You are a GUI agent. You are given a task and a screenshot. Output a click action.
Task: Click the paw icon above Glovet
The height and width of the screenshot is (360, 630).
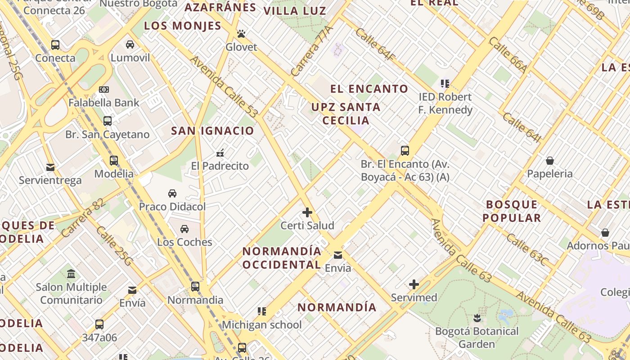click(x=241, y=34)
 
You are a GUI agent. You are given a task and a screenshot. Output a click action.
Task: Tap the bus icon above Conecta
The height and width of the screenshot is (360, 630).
click(x=55, y=45)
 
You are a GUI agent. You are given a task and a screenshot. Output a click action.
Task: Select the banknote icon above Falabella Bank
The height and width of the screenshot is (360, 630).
click(x=104, y=90)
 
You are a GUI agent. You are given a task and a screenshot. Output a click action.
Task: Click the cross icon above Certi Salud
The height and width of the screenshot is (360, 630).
click(x=307, y=212)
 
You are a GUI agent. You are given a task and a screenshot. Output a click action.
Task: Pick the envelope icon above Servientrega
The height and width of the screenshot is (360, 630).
click(x=50, y=167)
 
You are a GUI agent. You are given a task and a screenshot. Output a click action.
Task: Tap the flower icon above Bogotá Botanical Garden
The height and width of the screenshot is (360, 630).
click(x=477, y=319)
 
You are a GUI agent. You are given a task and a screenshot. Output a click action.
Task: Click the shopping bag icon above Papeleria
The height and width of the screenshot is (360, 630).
click(x=549, y=161)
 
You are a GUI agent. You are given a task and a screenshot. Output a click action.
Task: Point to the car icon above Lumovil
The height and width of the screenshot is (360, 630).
click(x=130, y=45)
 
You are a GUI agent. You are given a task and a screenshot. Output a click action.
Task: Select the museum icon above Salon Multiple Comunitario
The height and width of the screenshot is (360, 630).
click(x=71, y=274)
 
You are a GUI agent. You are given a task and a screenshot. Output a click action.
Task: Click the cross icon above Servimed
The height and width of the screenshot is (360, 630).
click(x=414, y=284)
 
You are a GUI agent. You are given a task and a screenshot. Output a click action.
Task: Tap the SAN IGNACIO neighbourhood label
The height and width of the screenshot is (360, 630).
click(x=213, y=131)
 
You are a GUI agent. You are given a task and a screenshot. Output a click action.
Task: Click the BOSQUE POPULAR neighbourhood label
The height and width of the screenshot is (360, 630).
click(x=512, y=211)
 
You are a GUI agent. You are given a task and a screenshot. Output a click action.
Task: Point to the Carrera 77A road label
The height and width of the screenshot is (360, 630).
click(x=311, y=50)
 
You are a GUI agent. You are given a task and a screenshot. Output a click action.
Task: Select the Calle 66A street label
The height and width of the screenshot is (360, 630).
click(x=508, y=54)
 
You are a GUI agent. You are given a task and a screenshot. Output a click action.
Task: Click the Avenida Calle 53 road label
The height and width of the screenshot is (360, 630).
click(x=223, y=86)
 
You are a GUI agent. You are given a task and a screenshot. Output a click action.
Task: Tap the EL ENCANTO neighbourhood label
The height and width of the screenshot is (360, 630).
click(x=369, y=89)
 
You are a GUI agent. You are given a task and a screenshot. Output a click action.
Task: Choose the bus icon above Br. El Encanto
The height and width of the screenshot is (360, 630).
click(x=405, y=151)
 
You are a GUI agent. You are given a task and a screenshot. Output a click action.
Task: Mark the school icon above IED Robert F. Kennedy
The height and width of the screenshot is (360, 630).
click(x=445, y=83)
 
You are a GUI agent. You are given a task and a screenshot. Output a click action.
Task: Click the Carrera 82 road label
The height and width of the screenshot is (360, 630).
click(x=83, y=218)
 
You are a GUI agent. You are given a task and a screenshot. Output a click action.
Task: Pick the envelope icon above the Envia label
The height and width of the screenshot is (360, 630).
click(x=338, y=255)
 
